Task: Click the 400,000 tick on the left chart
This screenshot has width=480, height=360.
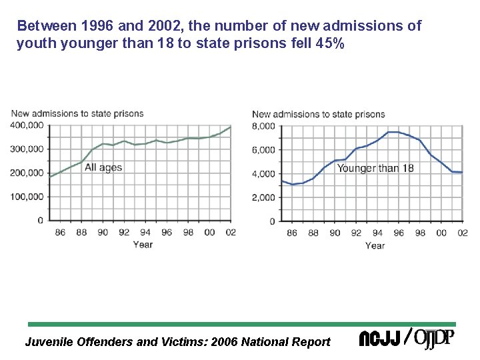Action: coord(27,125)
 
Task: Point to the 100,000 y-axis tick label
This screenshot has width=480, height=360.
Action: coord(27,197)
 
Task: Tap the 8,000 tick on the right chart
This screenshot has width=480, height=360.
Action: coord(264,126)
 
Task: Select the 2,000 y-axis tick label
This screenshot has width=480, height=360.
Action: coord(264,197)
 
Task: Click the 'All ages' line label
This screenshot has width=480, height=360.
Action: coord(103,167)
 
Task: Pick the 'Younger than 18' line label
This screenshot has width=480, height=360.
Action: coord(375,168)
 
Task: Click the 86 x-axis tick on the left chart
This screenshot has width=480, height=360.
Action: coord(59,233)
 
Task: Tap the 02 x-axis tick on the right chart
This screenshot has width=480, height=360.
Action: coord(462,233)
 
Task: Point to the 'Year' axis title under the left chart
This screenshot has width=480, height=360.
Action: coord(143,245)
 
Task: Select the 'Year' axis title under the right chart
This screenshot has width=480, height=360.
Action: coord(375,245)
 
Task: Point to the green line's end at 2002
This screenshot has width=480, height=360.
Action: coord(231,127)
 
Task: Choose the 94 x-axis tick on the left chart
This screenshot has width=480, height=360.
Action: coord(145,233)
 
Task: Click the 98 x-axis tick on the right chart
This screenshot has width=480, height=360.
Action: coord(419,233)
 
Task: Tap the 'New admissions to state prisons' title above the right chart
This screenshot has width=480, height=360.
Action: coord(318,114)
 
